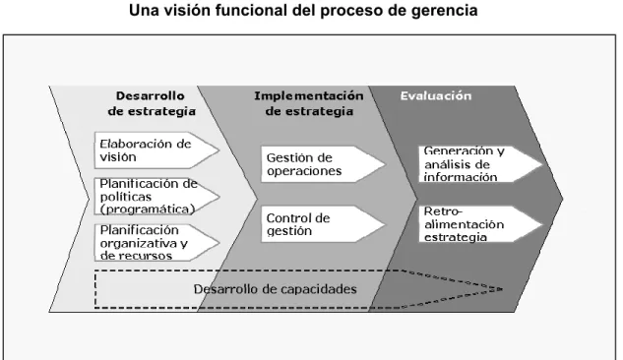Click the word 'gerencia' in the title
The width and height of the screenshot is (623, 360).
point(444,10)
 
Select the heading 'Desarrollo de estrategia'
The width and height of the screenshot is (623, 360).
point(152,103)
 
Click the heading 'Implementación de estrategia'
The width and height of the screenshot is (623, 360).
point(309,103)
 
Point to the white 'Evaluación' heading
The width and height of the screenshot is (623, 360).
point(435,95)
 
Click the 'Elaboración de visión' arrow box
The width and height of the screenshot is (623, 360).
point(156,150)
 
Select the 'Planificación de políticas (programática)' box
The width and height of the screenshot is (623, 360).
point(156,197)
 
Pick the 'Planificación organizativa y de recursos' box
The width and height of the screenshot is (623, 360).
point(156,243)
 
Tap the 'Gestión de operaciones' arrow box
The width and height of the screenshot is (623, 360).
point(323,164)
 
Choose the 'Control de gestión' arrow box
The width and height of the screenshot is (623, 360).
point(323,224)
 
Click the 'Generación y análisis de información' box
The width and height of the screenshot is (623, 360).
point(480,164)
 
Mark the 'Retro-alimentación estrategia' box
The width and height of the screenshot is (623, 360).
point(480,224)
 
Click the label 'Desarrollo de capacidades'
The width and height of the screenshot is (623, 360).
point(275,289)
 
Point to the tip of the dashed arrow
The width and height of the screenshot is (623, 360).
point(503,289)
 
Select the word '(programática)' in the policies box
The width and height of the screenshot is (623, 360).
point(148,210)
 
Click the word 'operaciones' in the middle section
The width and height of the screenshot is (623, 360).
point(304,171)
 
